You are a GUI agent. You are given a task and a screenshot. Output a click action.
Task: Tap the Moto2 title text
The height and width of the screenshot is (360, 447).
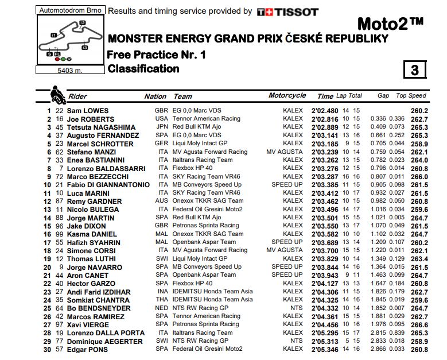[390, 24]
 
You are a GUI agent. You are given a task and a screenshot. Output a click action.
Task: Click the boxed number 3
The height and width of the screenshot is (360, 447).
[415, 70]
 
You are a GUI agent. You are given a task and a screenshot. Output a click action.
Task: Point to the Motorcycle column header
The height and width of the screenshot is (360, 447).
[287, 96]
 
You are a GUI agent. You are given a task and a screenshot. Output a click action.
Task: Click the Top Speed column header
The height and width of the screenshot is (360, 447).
[411, 96]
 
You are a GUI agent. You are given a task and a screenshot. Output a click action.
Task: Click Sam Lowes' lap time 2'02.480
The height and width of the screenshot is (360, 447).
[325, 111]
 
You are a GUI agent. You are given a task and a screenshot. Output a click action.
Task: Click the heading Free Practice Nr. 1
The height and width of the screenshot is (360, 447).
[156, 55]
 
